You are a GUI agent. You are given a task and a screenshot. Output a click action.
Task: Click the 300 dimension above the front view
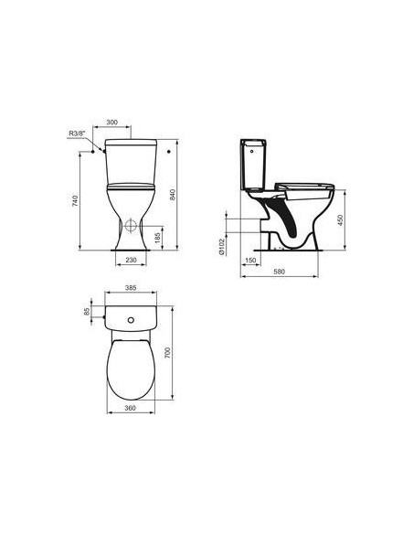coord(137,121)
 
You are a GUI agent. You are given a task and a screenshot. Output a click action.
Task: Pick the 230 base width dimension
coord(132,261)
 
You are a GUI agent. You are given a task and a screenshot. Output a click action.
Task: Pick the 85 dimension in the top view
coord(88,314)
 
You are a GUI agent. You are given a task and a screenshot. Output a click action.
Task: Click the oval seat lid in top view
coord(132,368)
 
